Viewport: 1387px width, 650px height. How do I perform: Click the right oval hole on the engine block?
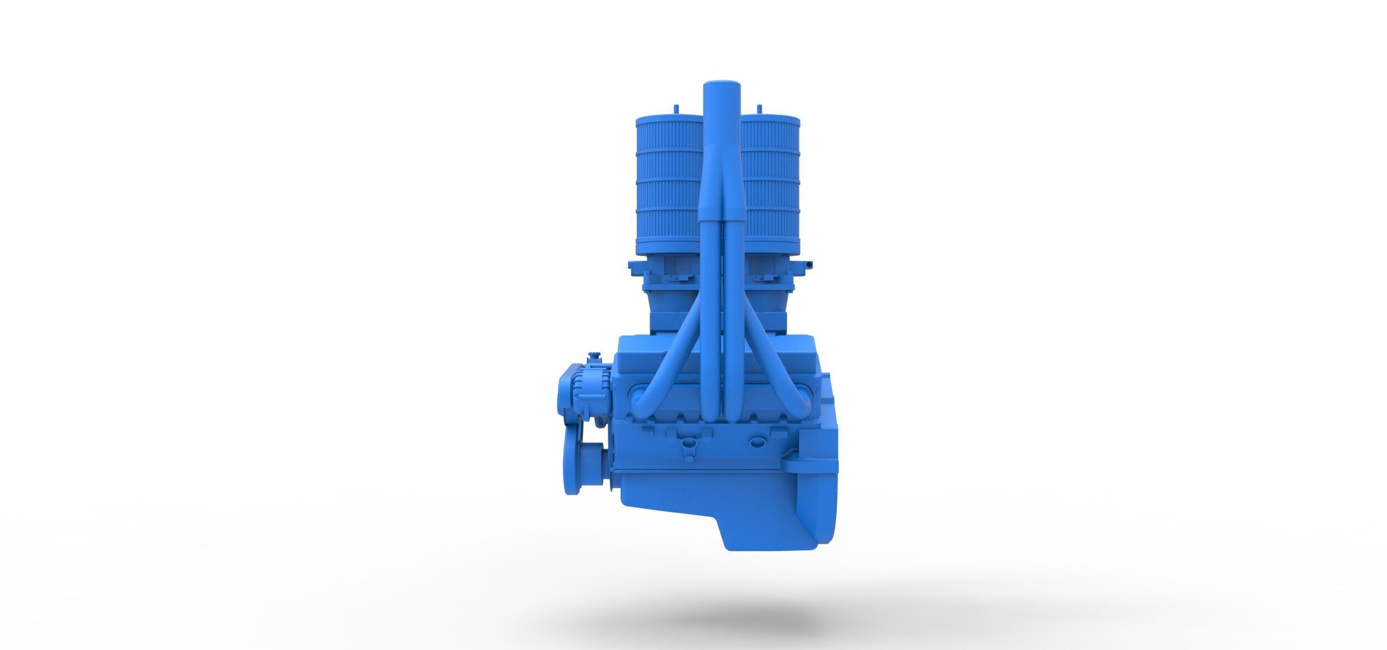[x=756, y=441]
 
